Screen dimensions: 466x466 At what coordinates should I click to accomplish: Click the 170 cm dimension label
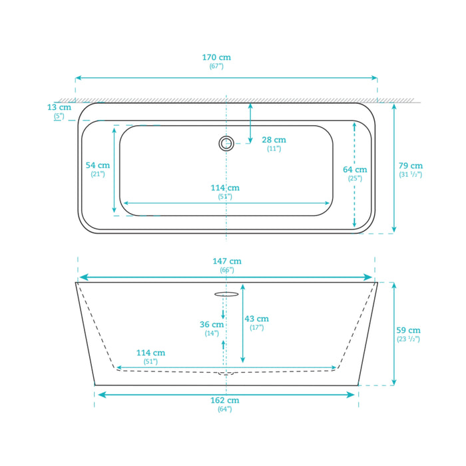pyautogui.click(x=216, y=57)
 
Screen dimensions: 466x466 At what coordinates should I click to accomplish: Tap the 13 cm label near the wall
pyautogui.click(x=59, y=107)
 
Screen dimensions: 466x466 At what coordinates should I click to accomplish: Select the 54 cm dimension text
pyautogui.click(x=98, y=165)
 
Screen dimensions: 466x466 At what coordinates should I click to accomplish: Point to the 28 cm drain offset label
pyautogui.click(x=274, y=140)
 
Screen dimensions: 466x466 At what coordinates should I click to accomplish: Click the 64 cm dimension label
pyautogui.click(x=355, y=170)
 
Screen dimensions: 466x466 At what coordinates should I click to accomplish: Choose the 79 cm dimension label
pyautogui.click(x=411, y=166)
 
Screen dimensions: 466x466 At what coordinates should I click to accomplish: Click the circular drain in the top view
pyautogui.click(x=226, y=143)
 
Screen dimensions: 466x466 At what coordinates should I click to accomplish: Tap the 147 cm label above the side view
pyautogui.click(x=227, y=261)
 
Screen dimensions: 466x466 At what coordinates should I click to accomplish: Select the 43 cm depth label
pyautogui.click(x=257, y=319)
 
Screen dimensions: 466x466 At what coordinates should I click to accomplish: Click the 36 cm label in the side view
pyautogui.click(x=212, y=325)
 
